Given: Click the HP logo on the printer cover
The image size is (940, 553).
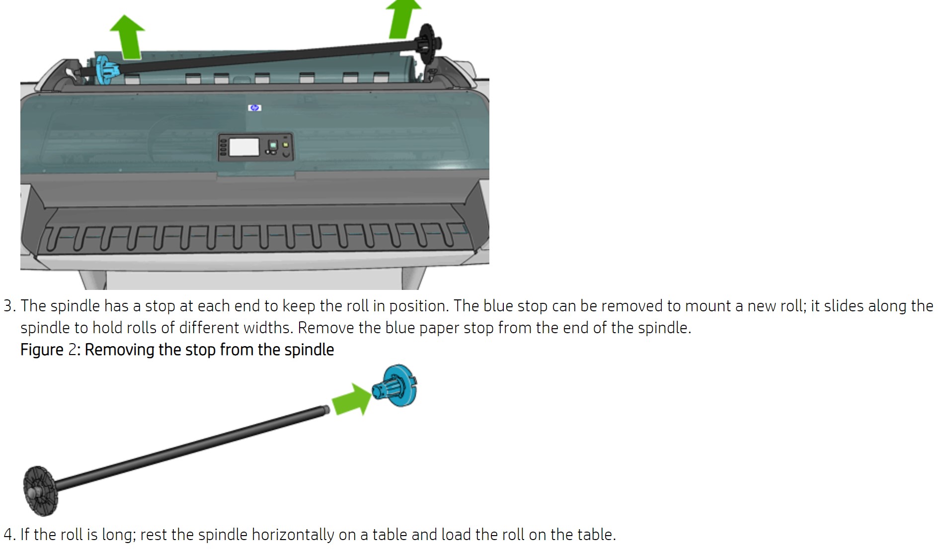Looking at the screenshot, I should [254, 107].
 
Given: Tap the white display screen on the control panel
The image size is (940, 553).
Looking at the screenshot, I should [244, 147].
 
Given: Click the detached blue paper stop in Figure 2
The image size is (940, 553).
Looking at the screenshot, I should [397, 386].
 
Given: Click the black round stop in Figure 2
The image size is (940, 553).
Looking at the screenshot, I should [40, 491].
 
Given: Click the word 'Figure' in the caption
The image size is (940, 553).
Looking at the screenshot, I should [42, 350].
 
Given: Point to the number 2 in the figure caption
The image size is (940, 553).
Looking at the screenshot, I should [73, 350].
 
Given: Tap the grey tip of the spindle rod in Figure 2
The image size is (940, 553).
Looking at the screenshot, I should [326, 410].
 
